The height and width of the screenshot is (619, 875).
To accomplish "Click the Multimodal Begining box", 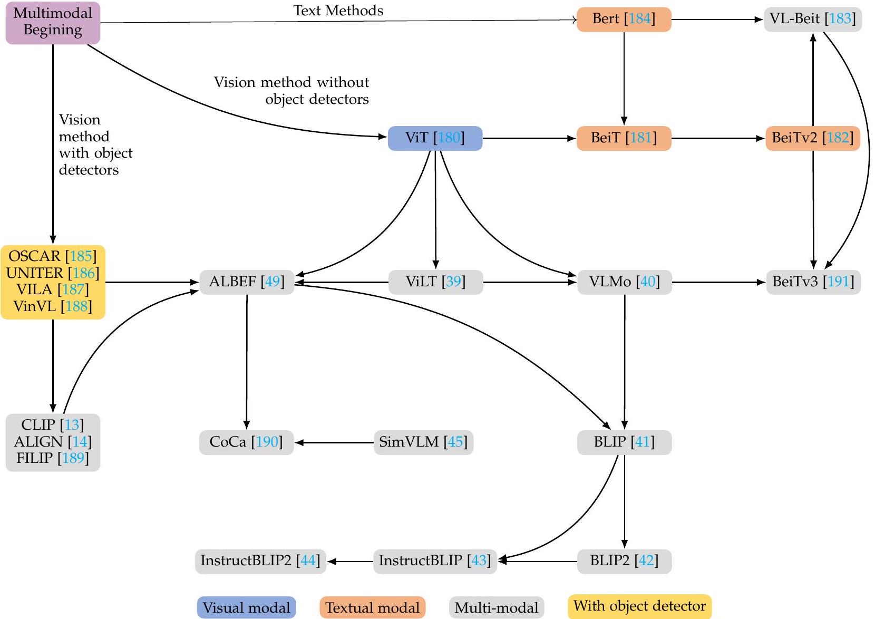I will pos(53,22).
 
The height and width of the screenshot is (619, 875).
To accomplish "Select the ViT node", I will pos(435,138).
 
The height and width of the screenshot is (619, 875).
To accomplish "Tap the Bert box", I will pos(624,20).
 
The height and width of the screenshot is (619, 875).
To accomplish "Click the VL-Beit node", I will pos(812,20).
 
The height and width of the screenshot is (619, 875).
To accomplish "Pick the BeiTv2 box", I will pos(812,138).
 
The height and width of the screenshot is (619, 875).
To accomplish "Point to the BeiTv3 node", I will pos(813,282).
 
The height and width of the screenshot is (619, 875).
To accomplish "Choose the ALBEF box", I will pos(247,282).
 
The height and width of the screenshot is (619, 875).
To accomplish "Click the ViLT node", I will pos(435,282).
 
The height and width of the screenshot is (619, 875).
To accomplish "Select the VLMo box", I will pos(624,282).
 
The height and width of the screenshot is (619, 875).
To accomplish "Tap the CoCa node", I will pos(246,442).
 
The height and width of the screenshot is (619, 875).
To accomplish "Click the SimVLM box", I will pos(423,442).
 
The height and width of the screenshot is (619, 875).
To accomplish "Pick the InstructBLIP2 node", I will pos(260,560).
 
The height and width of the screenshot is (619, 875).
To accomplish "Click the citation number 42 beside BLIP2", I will pos(646,560).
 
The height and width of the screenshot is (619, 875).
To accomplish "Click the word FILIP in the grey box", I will pos(35,458).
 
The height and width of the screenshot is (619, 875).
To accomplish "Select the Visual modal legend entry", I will pos(246,607).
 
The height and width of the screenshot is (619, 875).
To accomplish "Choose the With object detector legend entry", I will pos(639,606).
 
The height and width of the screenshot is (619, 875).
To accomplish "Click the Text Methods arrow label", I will pos(338,11).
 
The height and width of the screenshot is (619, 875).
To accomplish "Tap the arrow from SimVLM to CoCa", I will pos(334,442).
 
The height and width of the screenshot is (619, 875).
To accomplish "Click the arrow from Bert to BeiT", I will pos(624,79).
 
